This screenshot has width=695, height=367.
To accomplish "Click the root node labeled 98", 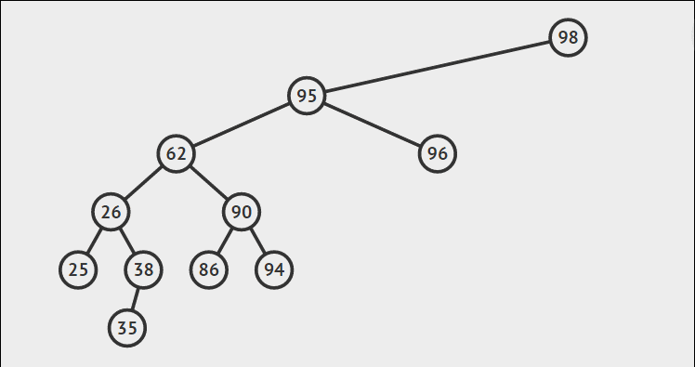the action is tap(568, 38).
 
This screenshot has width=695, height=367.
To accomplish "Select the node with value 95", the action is tap(307, 96).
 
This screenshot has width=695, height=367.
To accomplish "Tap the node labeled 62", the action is tap(177, 153).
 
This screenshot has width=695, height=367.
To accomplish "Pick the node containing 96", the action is tap(438, 153).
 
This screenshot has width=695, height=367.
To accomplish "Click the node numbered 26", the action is tap(111, 212).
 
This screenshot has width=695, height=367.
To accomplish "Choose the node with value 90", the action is tap(242, 212).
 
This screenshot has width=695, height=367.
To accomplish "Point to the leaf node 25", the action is tap(78, 270).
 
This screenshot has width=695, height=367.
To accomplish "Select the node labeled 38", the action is tap(143, 270).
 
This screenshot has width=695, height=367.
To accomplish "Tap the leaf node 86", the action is tap(209, 270).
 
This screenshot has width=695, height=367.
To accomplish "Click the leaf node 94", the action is tap(274, 270).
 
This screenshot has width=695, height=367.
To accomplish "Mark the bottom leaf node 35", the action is tap(127, 328).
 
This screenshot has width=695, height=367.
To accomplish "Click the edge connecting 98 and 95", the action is tap(437, 67).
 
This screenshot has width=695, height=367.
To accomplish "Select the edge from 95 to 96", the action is tap(372, 125).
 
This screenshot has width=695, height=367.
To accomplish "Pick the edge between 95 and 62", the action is tap(242, 125).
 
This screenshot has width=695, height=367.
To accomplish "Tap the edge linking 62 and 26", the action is tap(144, 182).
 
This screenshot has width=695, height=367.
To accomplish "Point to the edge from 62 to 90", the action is tap(209, 182).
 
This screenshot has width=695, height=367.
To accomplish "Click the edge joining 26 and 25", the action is tap(95, 241).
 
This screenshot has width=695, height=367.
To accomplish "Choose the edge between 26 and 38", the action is tap(127, 241).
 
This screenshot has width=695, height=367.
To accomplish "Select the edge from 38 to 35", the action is tap(136, 299).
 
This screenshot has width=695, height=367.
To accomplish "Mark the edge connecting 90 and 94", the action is tap(257, 241).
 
